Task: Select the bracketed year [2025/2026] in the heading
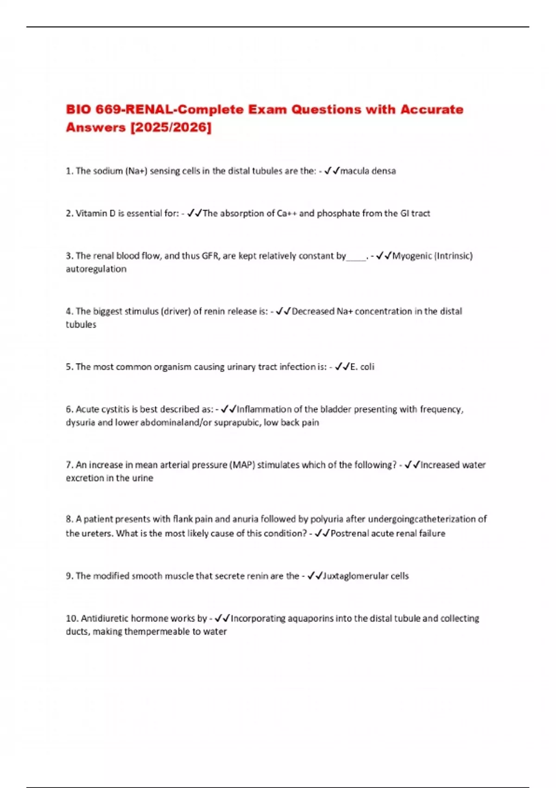coord(171,127)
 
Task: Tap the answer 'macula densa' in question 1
coord(368,171)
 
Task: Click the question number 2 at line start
coord(69,214)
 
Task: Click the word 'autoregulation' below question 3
coord(96,269)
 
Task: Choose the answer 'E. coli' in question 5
coord(362,367)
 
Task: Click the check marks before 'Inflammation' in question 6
coord(228,409)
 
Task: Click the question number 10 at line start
coord(72,618)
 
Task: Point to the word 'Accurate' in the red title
coord(432,109)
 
